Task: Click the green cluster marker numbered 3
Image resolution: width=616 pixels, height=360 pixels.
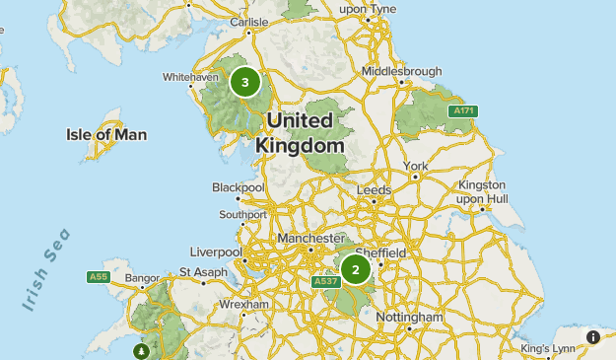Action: [245, 83]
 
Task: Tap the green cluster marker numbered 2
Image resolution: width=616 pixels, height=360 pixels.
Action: [356, 268]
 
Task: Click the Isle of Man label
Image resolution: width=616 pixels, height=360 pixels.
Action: [106, 134]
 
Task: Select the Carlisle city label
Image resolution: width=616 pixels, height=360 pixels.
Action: [248, 21]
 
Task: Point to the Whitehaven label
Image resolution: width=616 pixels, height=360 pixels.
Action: [190, 76]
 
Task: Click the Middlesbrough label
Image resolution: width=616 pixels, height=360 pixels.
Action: [396, 72]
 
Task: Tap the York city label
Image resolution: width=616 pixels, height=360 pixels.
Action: [415, 165]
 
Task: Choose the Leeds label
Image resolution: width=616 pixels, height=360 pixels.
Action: [375, 189]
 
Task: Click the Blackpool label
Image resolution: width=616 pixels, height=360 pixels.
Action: [239, 186]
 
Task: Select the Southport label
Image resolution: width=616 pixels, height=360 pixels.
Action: [242, 214]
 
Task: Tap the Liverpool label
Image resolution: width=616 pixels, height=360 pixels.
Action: [216, 252]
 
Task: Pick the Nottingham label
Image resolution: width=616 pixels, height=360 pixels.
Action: [409, 318]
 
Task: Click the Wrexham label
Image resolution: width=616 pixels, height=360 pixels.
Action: [243, 305]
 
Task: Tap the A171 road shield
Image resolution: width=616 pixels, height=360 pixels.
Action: [463, 111]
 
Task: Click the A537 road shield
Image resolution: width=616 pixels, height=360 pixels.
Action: [326, 282]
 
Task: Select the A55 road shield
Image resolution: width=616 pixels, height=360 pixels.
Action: [98, 277]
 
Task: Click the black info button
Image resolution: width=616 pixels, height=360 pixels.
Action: [593, 337]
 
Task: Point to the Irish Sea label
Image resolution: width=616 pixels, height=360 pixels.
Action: [46, 269]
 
